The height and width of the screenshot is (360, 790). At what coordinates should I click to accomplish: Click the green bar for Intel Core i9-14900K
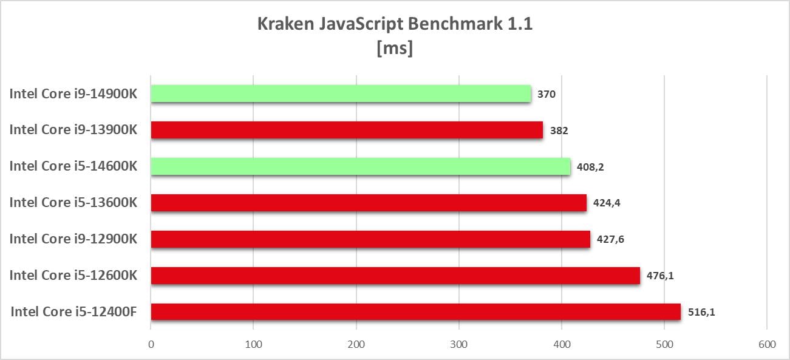341,93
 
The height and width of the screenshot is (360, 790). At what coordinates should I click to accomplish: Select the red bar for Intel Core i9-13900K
347,130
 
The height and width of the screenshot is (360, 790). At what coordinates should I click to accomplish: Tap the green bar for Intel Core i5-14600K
361,166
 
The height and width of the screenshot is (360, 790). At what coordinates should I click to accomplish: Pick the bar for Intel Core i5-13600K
369,203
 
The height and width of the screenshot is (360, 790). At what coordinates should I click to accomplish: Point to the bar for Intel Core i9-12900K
370,239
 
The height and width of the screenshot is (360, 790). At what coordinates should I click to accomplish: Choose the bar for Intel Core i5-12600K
395,276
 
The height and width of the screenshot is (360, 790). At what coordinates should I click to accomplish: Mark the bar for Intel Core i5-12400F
416,312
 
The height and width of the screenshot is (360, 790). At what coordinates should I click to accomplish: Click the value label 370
547,94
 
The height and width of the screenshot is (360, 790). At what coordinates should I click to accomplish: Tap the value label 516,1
702,313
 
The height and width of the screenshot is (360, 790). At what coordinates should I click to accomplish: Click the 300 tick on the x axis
459,344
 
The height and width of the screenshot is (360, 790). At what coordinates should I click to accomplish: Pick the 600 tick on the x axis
767,344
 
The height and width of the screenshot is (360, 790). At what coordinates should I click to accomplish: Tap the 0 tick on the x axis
151,344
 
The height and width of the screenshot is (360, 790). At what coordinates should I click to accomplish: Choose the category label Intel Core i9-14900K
73,93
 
